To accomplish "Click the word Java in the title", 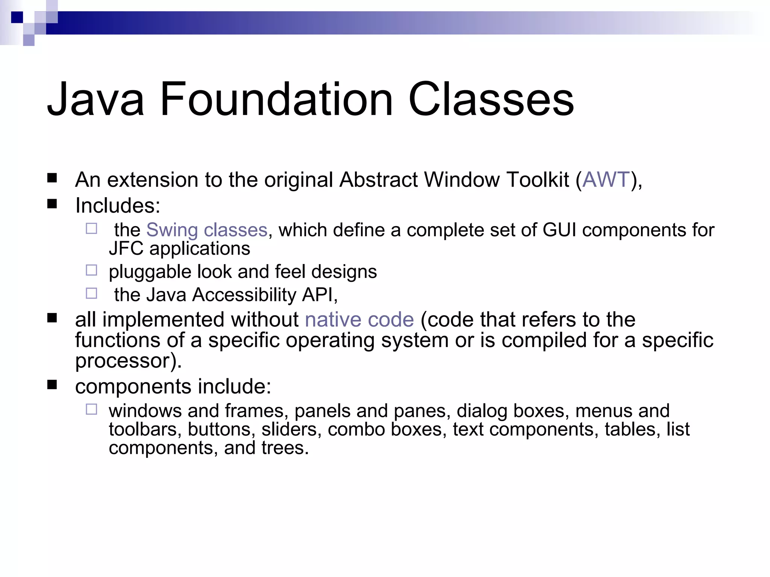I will point(95,100).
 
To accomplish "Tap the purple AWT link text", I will point(606,180).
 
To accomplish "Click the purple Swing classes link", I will point(206,230).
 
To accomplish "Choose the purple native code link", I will point(359,320).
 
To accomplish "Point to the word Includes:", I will point(118,206).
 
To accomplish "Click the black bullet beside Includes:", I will point(52,204).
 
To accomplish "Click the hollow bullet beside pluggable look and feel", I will point(91,270).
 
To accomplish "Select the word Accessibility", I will point(244,295).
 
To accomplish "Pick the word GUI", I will point(559,230).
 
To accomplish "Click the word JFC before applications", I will point(126,249).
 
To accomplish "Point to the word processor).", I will point(128,361).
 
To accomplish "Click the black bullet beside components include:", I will point(52,385).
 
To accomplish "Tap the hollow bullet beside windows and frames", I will point(91,409).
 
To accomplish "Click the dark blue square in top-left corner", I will point(17,17).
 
